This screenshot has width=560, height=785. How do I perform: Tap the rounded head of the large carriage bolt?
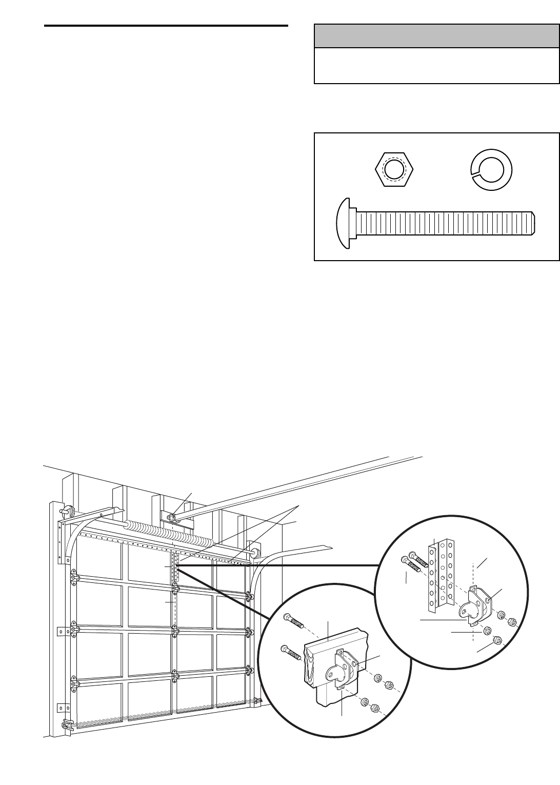[x=343, y=225]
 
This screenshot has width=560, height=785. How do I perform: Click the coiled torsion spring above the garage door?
[x=169, y=533]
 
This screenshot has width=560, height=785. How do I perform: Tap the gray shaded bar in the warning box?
[x=436, y=36]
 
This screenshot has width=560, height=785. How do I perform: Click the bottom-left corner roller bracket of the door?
[x=66, y=725]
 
